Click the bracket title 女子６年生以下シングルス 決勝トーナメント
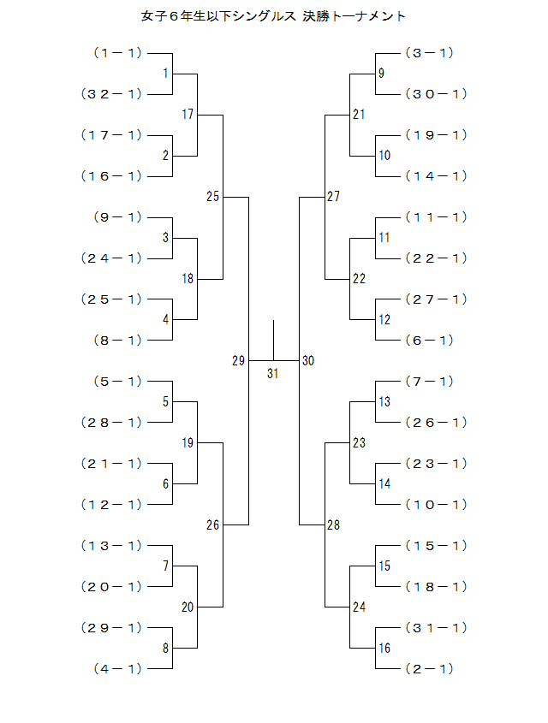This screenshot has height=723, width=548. click(273, 16)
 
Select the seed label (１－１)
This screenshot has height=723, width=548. click(117, 53)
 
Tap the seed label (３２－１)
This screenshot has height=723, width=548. click(111, 94)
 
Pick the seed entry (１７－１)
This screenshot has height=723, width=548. click(111, 135)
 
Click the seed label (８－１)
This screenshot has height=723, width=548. click(117, 341)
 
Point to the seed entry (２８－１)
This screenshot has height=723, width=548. click(111, 423)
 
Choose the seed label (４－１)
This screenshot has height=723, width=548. click(117, 669)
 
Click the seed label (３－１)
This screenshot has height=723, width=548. click(429, 53)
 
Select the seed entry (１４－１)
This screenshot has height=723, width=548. click(435, 176)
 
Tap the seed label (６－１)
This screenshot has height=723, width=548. click(429, 341)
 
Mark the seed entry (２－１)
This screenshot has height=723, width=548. click(429, 669)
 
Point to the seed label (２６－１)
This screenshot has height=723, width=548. click(435, 423)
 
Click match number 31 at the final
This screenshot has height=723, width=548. click(273, 373)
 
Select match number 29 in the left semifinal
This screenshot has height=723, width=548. click(238, 361)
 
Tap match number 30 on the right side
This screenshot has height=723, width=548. click(308, 361)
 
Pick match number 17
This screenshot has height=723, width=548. click(188, 115)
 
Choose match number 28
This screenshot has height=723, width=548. click(333, 525)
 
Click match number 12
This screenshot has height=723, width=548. click(384, 320)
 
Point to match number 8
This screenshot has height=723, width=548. click(165, 649)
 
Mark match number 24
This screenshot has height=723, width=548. click(359, 607)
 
